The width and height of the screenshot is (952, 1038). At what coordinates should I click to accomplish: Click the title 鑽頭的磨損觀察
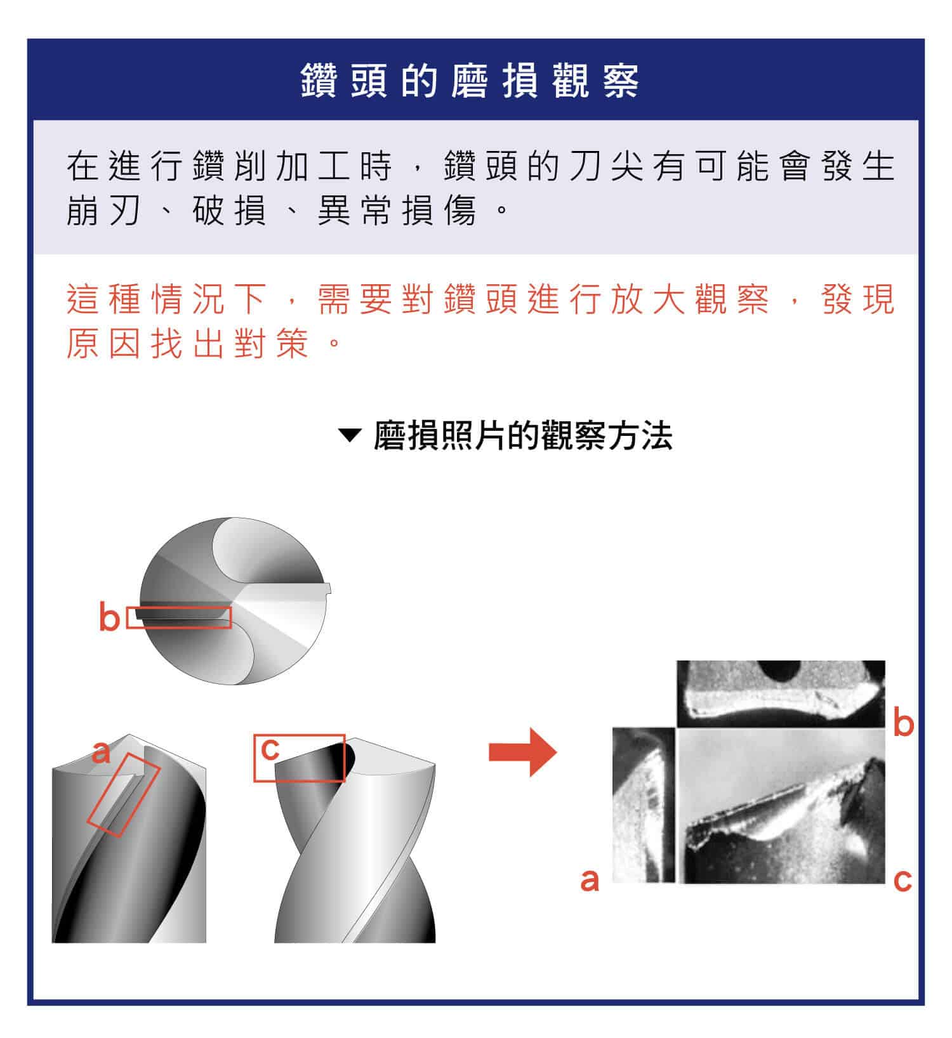(470, 81)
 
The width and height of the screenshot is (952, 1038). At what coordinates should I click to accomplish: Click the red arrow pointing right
(522, 752)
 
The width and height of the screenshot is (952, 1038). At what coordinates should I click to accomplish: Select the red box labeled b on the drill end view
(178, 617)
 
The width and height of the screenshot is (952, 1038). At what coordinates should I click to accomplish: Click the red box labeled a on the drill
(123, 795)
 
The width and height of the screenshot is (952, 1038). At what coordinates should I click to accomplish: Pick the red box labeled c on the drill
(299, 758)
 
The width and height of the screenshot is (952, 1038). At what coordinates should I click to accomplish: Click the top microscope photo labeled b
(781, 693)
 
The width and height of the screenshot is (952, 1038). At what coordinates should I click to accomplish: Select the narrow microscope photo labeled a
(644, 805)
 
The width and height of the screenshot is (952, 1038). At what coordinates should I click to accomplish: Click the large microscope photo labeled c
(781, 806)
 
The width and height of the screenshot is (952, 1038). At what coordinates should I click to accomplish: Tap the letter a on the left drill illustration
(101, 753)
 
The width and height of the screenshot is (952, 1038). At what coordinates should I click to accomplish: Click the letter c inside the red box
(270, 749)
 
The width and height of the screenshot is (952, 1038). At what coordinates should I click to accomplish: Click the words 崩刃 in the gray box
(103, 211)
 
